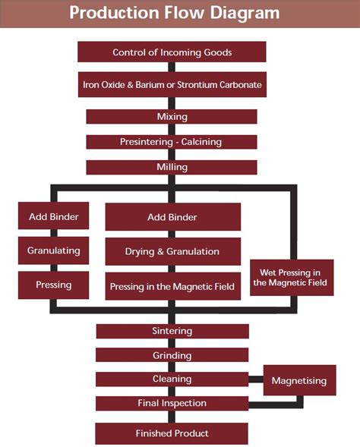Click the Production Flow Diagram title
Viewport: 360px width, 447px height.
(174, 13)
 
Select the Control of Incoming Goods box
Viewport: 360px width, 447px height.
(172, 52)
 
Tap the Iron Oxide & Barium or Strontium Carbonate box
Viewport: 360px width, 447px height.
(172, 84)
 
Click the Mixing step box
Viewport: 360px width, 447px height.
(172, 117)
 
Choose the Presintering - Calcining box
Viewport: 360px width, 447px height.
(172, 142)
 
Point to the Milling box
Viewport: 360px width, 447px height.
(172, 167)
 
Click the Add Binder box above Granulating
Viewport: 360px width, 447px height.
(53, 217)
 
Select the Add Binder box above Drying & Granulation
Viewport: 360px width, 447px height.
(172, 218)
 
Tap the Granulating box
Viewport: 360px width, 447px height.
(53, 250)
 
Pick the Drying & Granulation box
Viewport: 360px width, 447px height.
(172, 251)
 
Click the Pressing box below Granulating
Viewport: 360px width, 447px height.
(53, 285)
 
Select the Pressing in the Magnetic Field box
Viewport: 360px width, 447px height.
(172, 286)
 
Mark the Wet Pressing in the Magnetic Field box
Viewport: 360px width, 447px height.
(291, 278)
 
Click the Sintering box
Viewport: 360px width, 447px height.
(172, 331)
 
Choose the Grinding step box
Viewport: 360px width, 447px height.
(172, 355)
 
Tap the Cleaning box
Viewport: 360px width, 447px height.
(172, 379)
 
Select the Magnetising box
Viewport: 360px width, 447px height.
(299, 380)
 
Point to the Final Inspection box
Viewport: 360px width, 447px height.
(172, 403)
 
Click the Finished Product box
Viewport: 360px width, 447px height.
(172, 433)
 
